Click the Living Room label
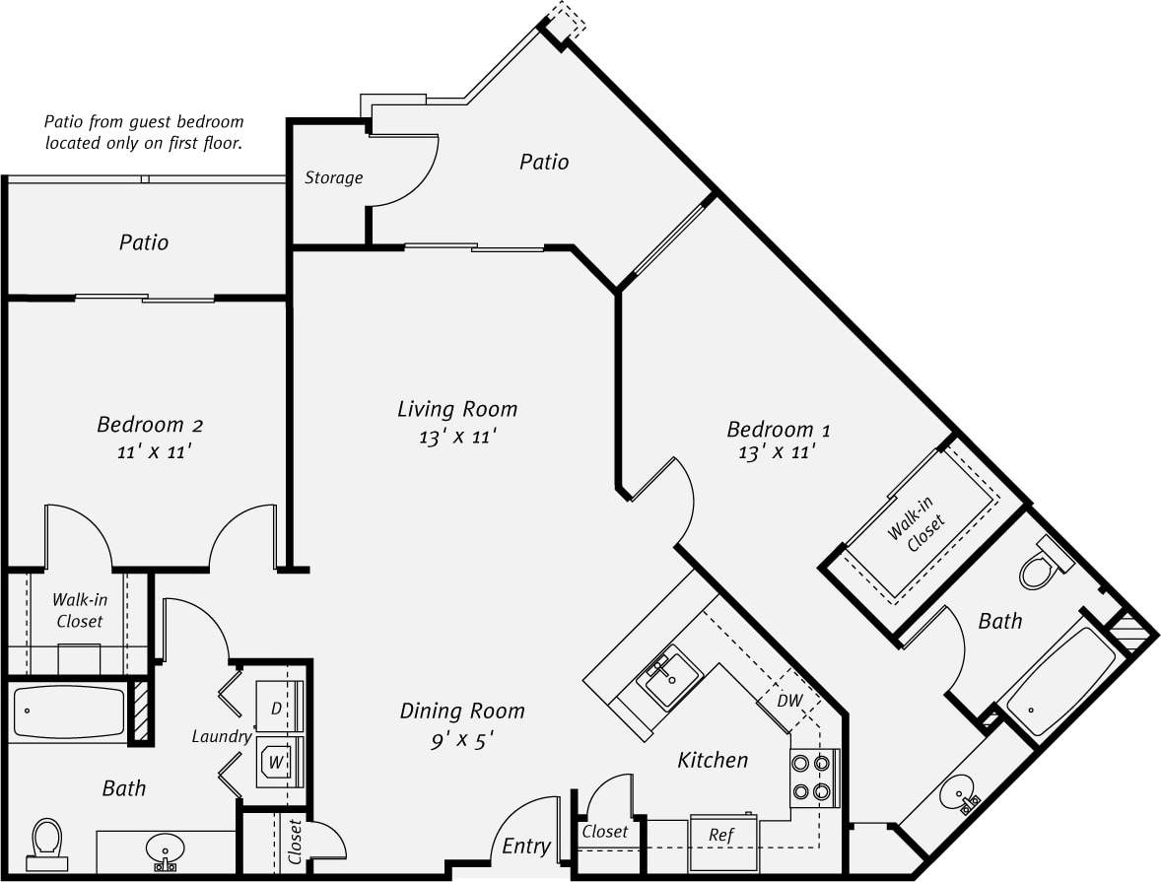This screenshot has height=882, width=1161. click(457, 409)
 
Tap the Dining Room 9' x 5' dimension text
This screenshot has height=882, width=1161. click(461, 740)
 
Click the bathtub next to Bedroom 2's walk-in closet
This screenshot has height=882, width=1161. click(69, 712)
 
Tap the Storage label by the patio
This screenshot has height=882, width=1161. click(333, 178)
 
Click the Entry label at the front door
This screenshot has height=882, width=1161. click(526, 847)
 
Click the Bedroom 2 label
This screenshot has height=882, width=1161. click(150, 425)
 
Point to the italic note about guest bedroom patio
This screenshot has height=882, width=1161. click(144, 132)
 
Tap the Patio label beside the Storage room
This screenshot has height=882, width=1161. click(544, 162)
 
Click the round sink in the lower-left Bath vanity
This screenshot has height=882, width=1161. click(165, 848)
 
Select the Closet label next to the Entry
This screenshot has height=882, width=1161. click(604, 832)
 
